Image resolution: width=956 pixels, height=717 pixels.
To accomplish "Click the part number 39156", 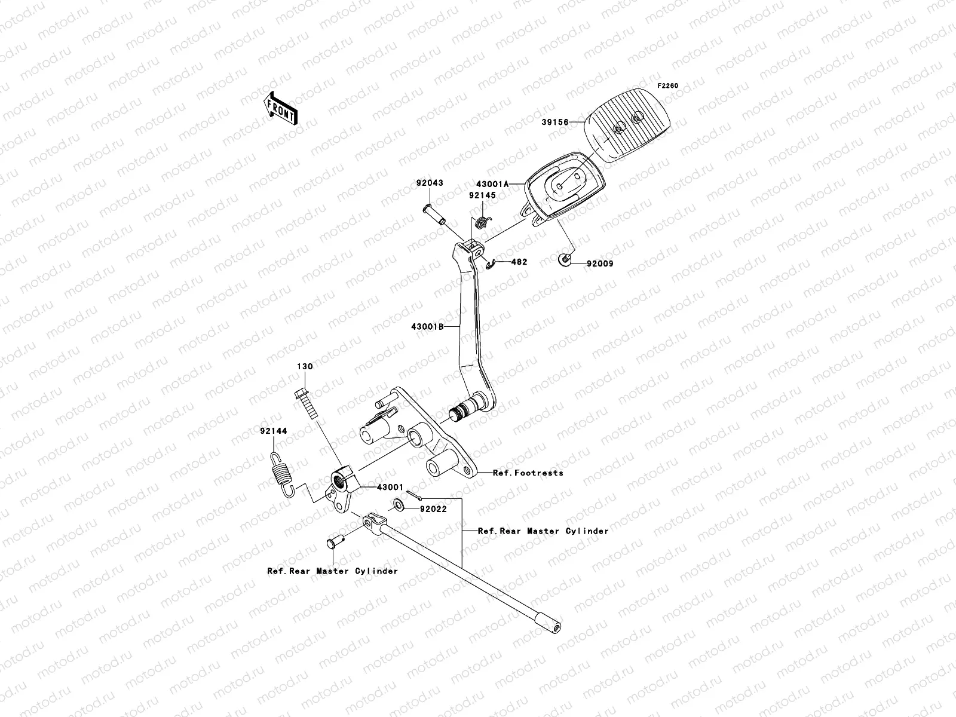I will pos(554,122).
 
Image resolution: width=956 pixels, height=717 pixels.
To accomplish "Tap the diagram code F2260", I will pos(668,86).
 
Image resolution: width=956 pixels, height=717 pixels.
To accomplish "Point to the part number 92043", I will pos(430,183).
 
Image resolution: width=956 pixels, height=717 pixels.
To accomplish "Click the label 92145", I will pos(482,195).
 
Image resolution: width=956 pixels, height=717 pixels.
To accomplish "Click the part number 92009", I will pos(600,263).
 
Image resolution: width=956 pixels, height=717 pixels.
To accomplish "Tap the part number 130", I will pos(305,366).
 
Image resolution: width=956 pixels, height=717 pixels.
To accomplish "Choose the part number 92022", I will pos(433,510).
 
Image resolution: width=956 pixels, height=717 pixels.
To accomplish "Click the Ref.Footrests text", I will pos(528,473).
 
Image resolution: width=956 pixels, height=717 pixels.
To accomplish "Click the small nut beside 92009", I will pos(563,259).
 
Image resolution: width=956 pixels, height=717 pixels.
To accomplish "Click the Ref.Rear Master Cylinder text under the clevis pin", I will pos(332,571).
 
